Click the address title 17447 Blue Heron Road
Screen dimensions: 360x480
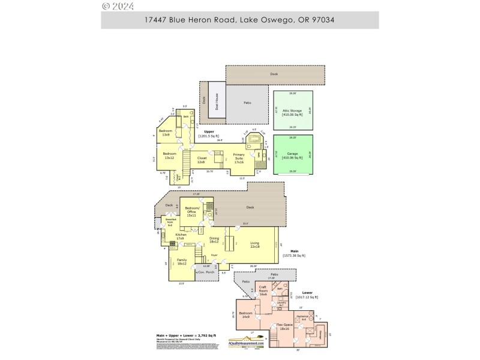(x=239, y=20)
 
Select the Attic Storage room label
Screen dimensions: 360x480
(x=293, y=112)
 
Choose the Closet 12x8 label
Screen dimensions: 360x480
(x=202, y=160)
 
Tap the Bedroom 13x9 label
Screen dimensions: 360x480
(x=166, y=133)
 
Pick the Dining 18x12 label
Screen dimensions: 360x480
(x=214, y=241)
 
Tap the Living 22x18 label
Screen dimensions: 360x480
(x=254, y=244)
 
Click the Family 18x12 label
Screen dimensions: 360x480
(x=182, y=262)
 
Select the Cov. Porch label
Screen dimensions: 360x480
(x=206, y=272)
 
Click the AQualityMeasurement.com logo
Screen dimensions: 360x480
(x=244, y=341)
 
